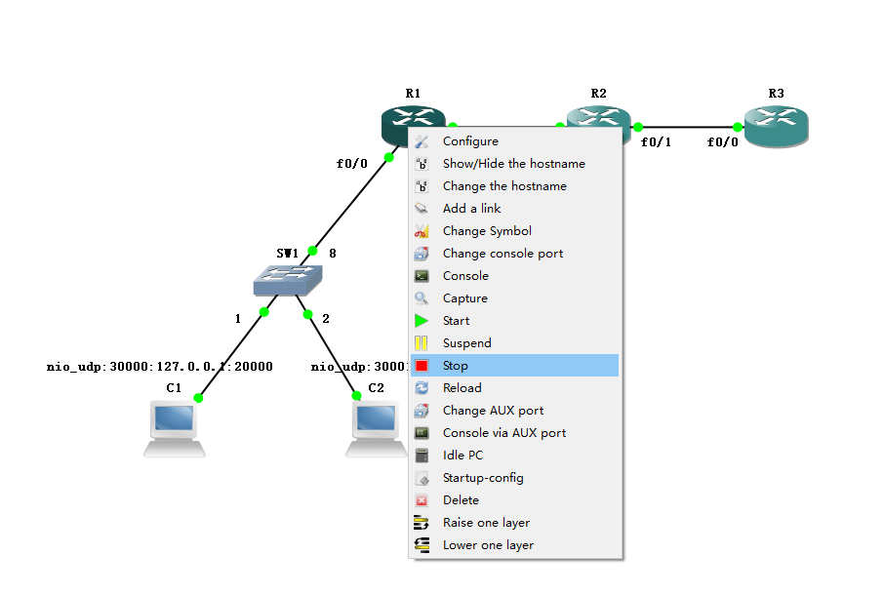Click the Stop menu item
(x=456, y=366)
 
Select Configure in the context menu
(x=470, y=141)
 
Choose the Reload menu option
(x=462, y=388)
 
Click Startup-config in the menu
(x=483, y=478)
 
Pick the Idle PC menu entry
(x=462, y=456)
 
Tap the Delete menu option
(x=461, y=500)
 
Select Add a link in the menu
(x=471, y=209)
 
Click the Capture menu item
(x=464, y=298)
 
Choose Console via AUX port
(x=503, y=433)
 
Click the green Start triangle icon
(x=422, y=321)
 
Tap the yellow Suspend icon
(x=422, y=343)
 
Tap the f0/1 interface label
(x=656, y=142)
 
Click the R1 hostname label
(x=413, y=94)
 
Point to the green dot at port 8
(x=312, y=251)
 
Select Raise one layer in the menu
(x=486, y=523)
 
